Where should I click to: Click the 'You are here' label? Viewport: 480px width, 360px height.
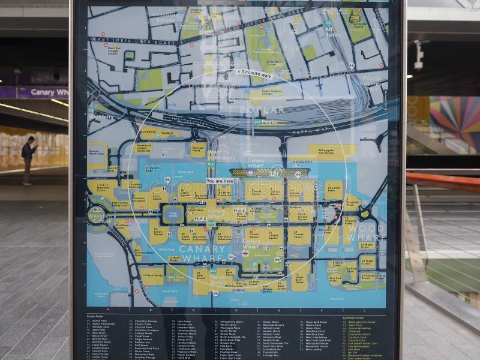coord(220,180)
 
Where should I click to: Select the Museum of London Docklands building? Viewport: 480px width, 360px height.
coord(142,148)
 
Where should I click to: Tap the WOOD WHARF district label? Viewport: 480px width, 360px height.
coord(364,233)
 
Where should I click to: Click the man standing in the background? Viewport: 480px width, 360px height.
coord(28,159)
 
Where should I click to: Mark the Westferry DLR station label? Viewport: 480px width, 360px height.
coord(100,116)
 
